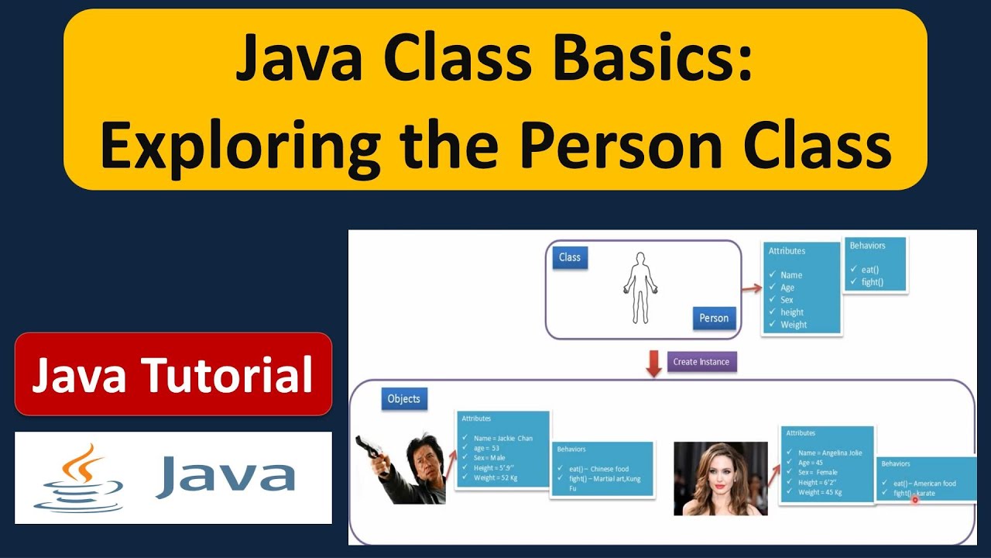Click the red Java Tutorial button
pos(173,374)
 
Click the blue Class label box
pos(570,257)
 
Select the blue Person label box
pos(714,318)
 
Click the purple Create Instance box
pos(701,362)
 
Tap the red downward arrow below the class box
pos(654,363)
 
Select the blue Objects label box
pos(404,398)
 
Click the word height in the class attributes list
pos(792,312)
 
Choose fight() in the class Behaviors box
pos(872,282)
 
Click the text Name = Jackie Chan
pos(503,439)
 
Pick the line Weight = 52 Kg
pos(495,477)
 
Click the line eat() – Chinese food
pos(598,469)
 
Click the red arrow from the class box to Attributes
pos(752,288)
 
